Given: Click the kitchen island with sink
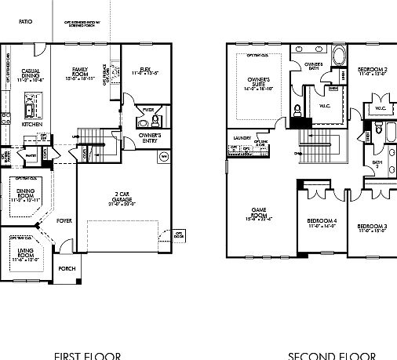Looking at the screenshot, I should point(32,100).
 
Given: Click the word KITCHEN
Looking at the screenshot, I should point(31,124).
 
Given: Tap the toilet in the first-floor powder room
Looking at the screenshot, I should point(155,121).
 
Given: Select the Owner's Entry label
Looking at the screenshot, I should point(150,138).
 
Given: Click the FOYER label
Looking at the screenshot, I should point(64,222).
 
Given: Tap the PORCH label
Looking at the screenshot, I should point(67,269).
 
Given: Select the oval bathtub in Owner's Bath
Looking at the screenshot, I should point(337,58).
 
